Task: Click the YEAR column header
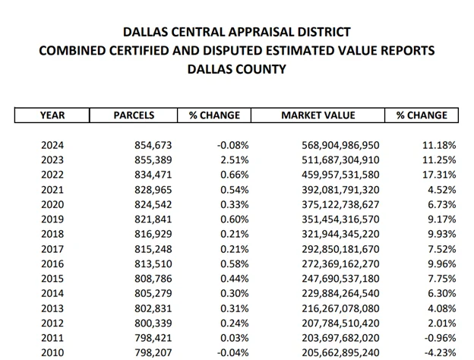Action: tap(52, 115)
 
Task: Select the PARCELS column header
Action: tap(134, 115)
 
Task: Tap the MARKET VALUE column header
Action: tap(318, 115)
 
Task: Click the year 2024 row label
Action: tap(52, 145)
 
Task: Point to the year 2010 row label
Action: tap(52, 353)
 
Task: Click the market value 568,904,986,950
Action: tap(334, 145)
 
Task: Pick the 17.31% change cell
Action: tap(439, 175)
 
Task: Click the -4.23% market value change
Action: tap(439, 353)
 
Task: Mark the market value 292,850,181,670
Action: tap(334, 249)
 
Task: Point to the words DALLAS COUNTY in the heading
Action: tap(236, 69)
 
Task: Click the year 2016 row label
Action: tap(52, 264)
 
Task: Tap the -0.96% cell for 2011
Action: tap(439, 338)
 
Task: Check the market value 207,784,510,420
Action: tap(334, 324)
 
